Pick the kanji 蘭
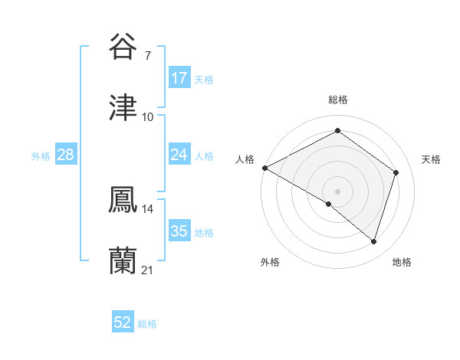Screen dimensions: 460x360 [x=123, y=261]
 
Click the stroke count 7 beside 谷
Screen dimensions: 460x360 [x=148, y=55]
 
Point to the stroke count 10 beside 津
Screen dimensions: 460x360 [x=148, y=116]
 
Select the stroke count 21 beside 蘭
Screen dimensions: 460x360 [x=148, y=270]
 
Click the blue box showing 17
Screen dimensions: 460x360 [x=179, y=78]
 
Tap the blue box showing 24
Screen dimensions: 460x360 [x=179, y=155]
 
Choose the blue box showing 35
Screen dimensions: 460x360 [x=179, y=231]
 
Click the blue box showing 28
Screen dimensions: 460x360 [x=66, y=155]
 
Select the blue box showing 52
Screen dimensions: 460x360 [x=123, y=323]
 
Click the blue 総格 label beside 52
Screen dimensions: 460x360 [x=147, y=324]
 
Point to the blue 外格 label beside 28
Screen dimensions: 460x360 [x=41, y=155]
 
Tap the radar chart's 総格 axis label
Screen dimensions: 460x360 [x=337, y=100]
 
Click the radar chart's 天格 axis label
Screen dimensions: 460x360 [x=431, y=159]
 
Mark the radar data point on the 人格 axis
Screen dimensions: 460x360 [x=264, y=168]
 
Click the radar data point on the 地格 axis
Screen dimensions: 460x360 [x=373, y=241]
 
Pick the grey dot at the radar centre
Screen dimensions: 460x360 [x=337, y=191]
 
